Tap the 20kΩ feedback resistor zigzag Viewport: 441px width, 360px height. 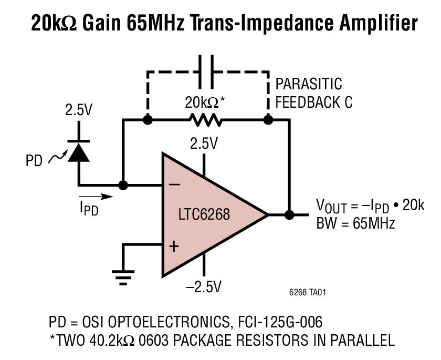tap(206, 120)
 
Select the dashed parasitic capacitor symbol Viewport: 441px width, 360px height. tap(206, 71)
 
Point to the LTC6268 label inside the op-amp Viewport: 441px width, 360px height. tap(204, 214)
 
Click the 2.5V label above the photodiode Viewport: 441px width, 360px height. tap(78, 110)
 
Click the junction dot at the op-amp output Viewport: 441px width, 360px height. tap(288, 214)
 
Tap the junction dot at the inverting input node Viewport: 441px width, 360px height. tap(123, 185)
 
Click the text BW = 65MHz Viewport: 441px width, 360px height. tap(355, 223)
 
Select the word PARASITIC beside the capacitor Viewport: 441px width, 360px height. tap(309, 84)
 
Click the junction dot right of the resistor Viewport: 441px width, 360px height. tap(268, 120)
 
